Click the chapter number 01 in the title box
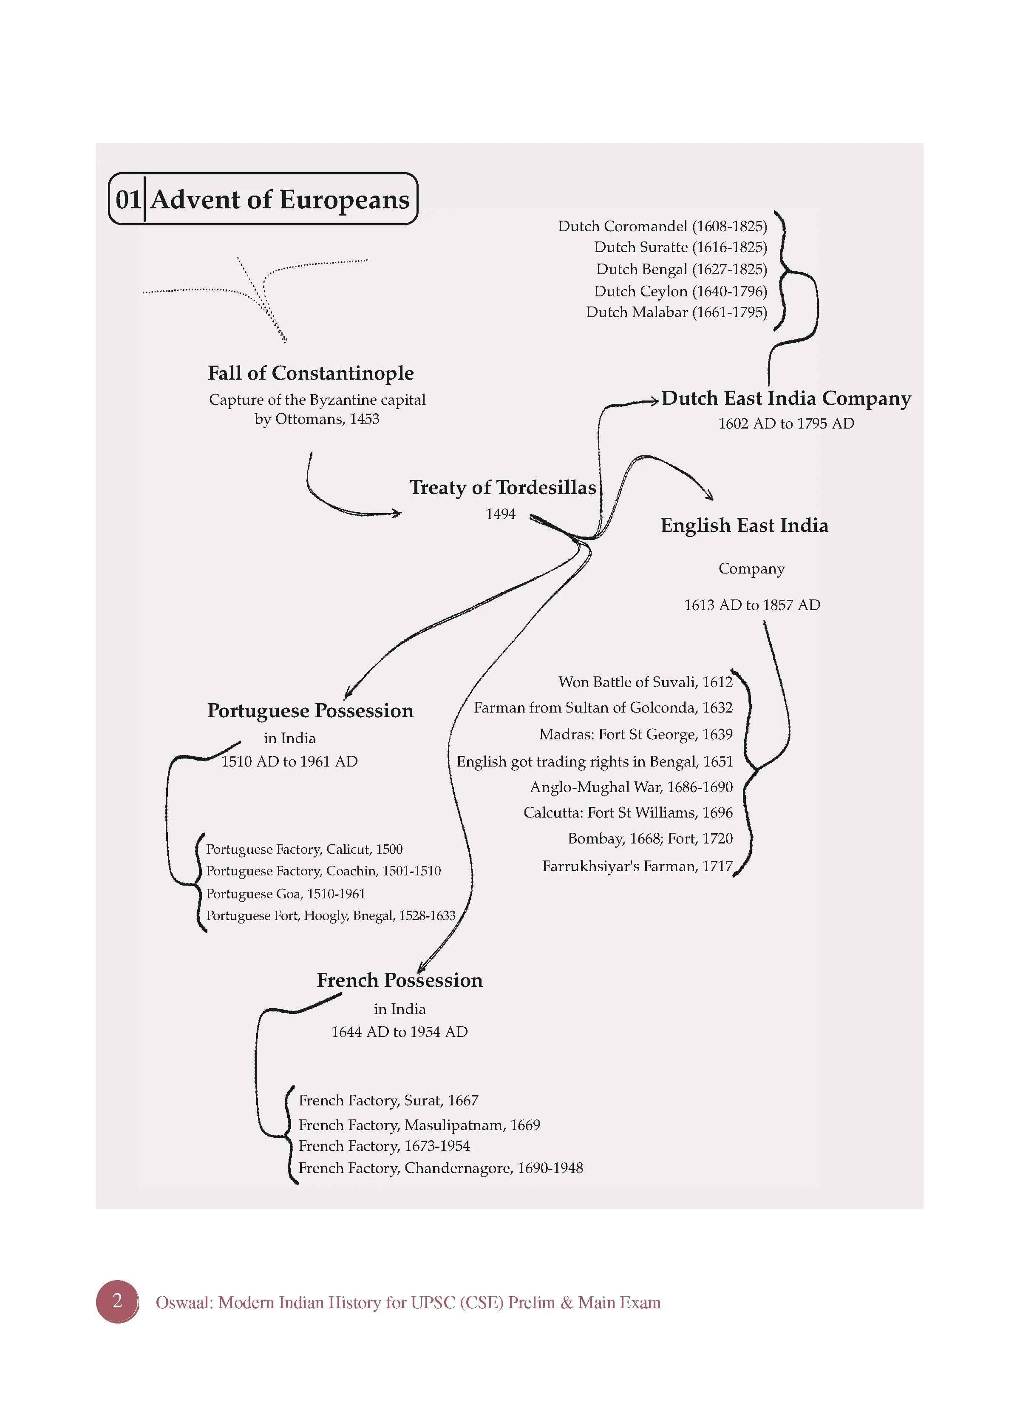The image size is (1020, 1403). [128, 199]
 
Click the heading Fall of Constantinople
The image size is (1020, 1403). [311, 373]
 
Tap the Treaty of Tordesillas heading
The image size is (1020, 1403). [502, 488]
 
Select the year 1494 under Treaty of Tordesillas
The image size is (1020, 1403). [500, 514]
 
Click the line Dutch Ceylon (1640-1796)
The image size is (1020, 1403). [680, 291]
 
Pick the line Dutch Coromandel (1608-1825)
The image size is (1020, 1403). [663, 227]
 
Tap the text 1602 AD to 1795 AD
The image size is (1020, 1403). [786, 424]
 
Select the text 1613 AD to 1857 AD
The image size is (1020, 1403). [752, 605]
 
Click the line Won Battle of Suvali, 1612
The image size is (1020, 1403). [646, 682]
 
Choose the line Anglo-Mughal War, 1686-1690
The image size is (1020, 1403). [632, 787]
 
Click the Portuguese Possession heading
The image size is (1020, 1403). [311, 711]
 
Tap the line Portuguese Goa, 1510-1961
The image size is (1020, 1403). [286, 894]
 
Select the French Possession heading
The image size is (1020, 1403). [399, 980]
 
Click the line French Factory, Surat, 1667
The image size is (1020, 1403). [388, 1100]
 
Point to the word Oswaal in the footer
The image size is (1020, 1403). [184, 1303]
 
